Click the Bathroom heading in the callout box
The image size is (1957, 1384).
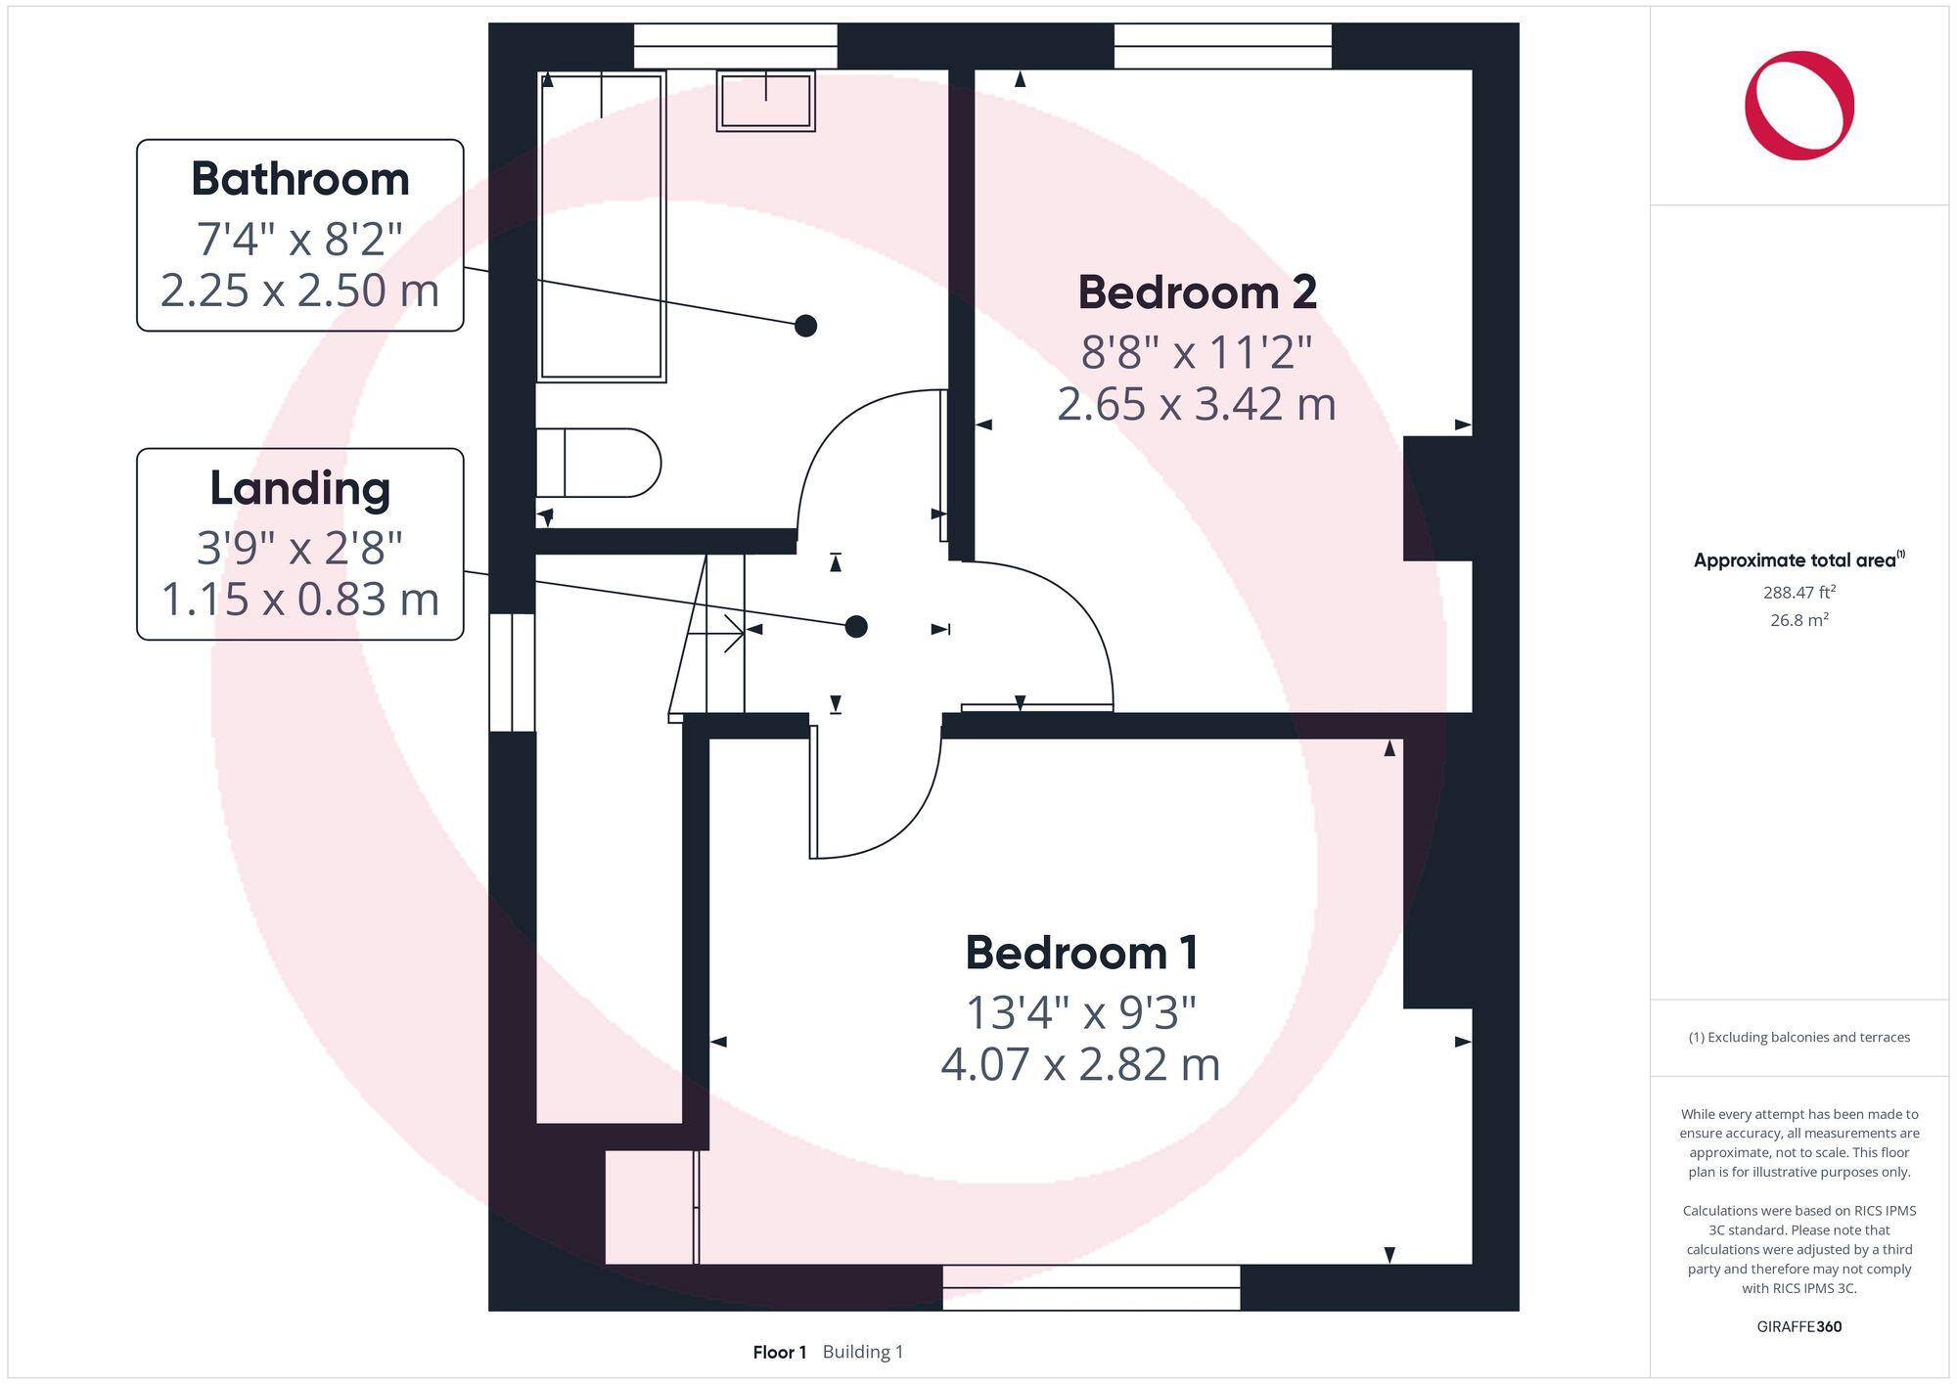click(299, 179)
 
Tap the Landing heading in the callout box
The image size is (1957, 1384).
click(299, 488)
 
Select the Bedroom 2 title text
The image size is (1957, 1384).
click(1197, 292)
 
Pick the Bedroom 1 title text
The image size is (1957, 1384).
click(1081, 953)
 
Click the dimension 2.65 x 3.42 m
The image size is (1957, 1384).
click(1197, 405)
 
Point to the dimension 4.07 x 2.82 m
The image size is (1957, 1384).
click(1081, 1065)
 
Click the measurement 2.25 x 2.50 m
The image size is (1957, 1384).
click(299, 290)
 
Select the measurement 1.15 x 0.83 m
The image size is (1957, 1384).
click(299, 600)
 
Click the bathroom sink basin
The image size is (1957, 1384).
click(766, 101)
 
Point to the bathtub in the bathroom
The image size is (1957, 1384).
click(602, 226)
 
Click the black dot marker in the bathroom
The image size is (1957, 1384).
click(805, 326)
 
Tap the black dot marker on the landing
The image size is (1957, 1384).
click(856, 626)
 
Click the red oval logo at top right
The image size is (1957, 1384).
click(1798, 106)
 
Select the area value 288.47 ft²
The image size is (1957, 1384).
click(1798, 592)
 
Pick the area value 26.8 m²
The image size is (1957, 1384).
click(1798, 619)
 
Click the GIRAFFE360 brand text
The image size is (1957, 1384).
click(1798, 1326)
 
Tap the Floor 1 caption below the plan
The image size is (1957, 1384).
click(779, 1352)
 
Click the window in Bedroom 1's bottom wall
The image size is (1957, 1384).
click(1091, 1287)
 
